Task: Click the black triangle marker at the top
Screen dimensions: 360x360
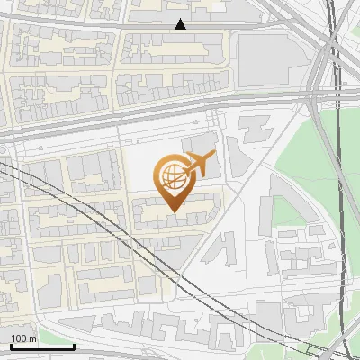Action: pyautogui.click(x=181, y=24)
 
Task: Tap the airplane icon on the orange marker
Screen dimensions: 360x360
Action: pyautogui.click(x=198, y=165)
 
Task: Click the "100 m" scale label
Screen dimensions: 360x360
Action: pyautogui.click(x=23, y=338)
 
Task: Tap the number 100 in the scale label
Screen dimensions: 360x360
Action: pyautogui.click(x=19, y=338)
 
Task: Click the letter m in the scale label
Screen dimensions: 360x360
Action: pyautogui.click(x=32, y=338)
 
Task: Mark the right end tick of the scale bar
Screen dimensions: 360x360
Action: pyautogui.click(x=74, y=345)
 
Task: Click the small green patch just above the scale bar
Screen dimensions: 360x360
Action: pyautogui.click(x=18, y=325)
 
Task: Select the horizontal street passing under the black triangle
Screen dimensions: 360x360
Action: pyautogui.click(x=135, y=28)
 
